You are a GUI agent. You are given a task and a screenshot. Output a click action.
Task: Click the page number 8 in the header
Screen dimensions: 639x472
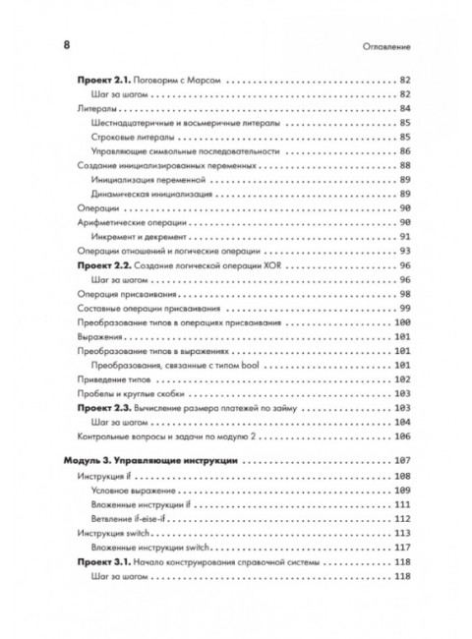(66, 45)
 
